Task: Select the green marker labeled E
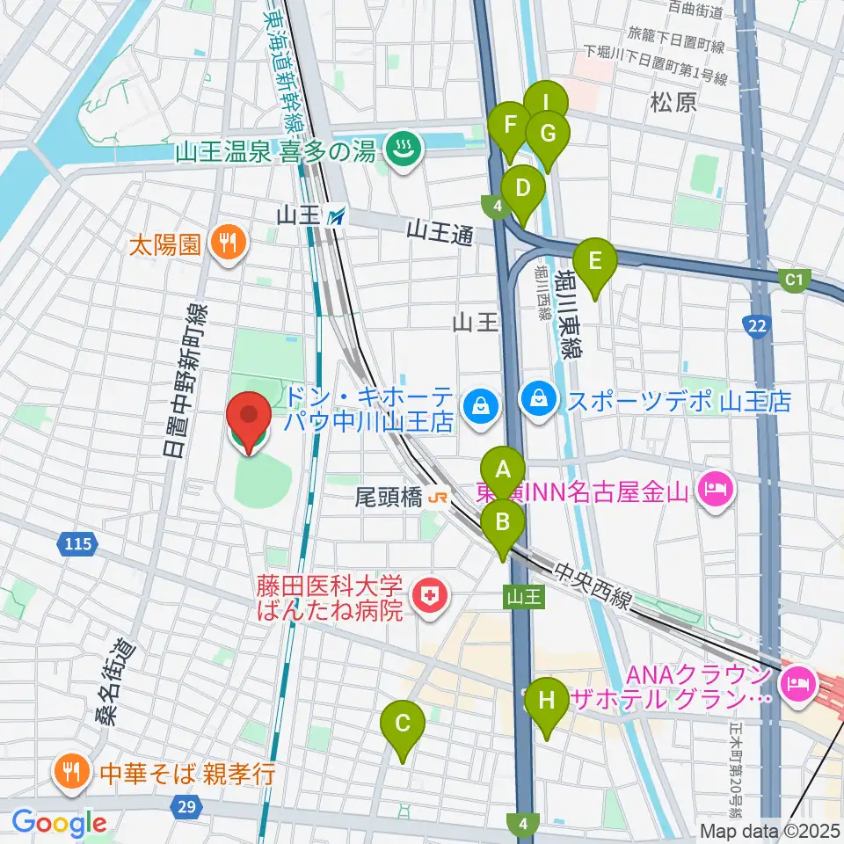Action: coord(594,262)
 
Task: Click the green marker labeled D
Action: coord(522,189)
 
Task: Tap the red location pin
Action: coord(249,418)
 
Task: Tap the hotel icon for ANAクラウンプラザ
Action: coord(798,679)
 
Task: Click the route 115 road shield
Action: coord(77,545)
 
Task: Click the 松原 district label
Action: coord(674,102)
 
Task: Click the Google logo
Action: coord(59,824)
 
